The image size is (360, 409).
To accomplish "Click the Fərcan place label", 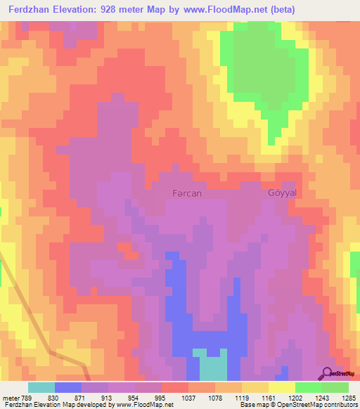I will [x=187, y=193].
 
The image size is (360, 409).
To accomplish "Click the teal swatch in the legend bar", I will [x=41, y=387].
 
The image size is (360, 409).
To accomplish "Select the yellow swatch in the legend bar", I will [x=281, y=387].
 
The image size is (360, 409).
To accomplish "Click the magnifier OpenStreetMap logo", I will [x=327, y=372].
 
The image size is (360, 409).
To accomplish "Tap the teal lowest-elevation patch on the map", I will [x=212, y=365].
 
